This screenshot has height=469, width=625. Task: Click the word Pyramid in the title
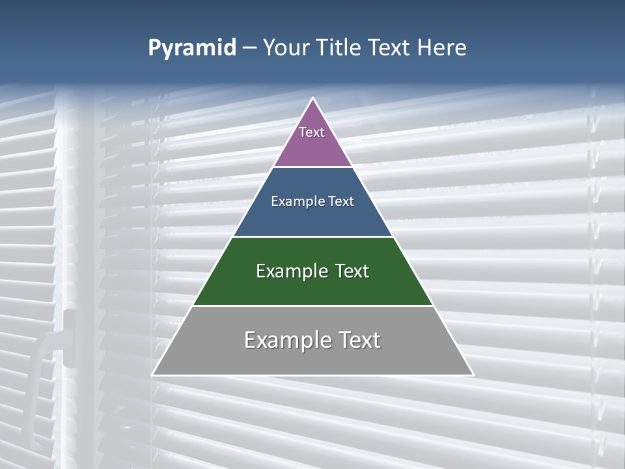point(192,48)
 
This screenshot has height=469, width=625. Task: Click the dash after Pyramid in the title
point(249,48)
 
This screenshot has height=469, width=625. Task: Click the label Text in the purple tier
point(312,132)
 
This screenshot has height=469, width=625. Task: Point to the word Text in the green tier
point(352,271)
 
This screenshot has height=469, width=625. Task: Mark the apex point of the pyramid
point(312,98)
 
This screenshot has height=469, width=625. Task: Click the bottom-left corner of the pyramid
point(153,375)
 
